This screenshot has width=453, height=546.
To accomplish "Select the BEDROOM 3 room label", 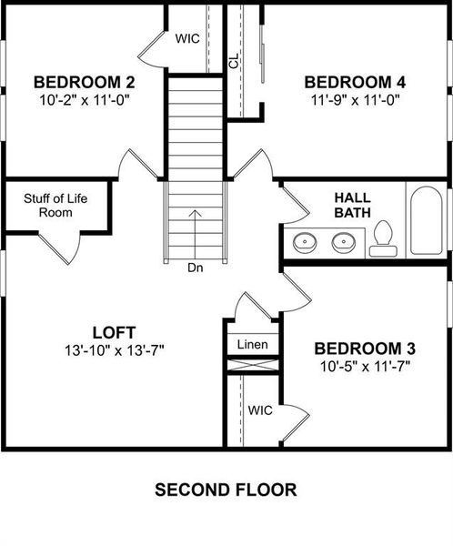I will [x=365, y=349].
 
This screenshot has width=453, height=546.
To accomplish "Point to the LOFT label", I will [x=115, y=330].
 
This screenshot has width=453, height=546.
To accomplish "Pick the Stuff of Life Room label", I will [x=55, y=205].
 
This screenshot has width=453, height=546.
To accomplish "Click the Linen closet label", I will [x=252, y=345].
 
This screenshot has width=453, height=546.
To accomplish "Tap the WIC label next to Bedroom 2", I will [x=188, y=38].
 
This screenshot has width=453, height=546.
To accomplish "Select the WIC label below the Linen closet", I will [x=260, y=410].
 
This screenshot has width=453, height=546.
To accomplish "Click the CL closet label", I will [x=234, y=60].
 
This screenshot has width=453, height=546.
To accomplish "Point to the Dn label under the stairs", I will [x=196, y=268].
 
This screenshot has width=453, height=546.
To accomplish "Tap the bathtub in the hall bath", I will [x=425, y=221].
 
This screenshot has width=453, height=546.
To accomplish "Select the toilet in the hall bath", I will [x=382, y=236].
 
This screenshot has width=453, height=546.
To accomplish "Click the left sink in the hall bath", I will [x=305, y=243].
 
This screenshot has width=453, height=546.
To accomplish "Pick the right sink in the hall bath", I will [x=343, y=243].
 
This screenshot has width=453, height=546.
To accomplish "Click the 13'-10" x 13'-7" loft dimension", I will [x=115, y=349].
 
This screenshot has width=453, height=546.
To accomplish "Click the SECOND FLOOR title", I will [x=226, y=490].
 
